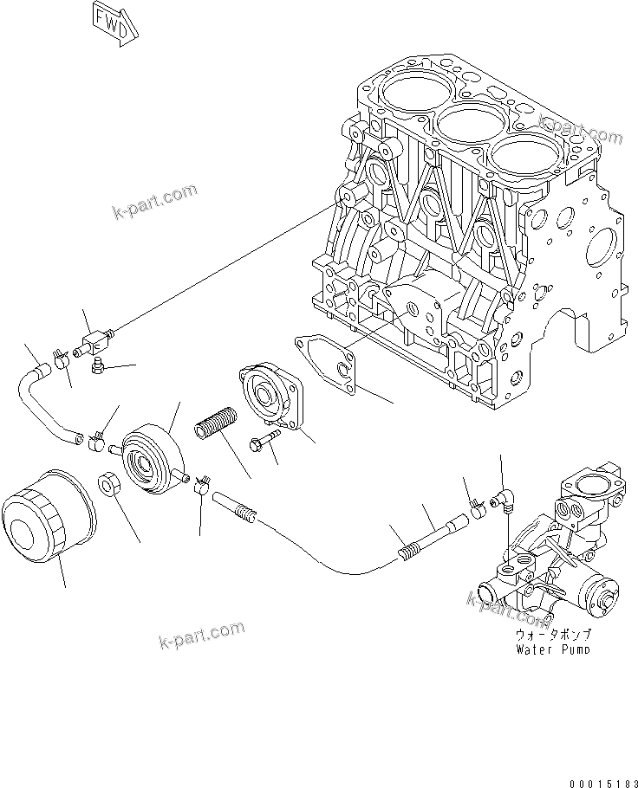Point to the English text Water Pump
click(551, 649)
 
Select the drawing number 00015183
click(598, 780)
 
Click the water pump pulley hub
click(602, 598)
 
